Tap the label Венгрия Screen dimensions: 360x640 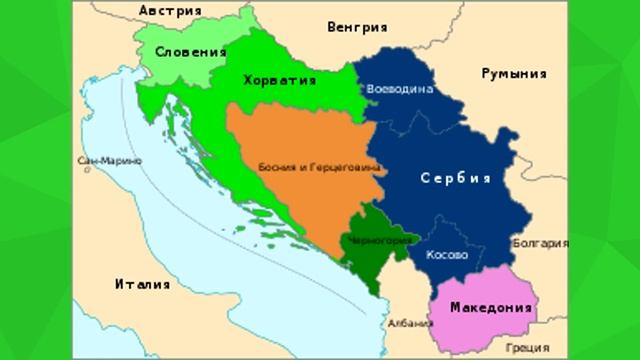click(358, 27)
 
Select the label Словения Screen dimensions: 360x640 click(190, 51)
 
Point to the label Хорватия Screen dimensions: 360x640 click(280, 79)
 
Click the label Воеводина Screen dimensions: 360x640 click(400, 89)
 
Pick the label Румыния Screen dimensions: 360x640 click(513, 74)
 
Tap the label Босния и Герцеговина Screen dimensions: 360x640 click(320, 167)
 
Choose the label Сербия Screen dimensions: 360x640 click(455, 179)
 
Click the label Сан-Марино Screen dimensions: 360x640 click(100, 161)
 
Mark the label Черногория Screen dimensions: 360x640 click(382, 241)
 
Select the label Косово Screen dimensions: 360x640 click(447, 255)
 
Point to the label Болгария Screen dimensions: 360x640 click(540, 242)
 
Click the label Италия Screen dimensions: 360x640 click(143, 283)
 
